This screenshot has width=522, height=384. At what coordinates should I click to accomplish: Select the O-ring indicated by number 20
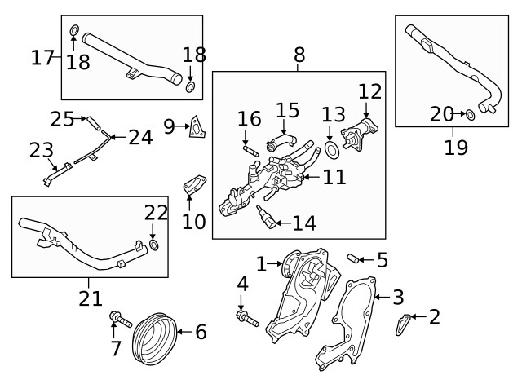pos(471,115)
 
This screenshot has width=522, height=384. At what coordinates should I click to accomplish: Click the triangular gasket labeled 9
pos(197,128)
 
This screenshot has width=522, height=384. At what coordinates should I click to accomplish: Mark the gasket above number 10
pos(194,184)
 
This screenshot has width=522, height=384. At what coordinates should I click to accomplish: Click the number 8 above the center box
pos(299,55)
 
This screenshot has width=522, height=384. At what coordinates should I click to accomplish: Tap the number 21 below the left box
pos(91,298)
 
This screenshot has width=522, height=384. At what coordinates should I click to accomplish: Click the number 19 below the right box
pos(455,148)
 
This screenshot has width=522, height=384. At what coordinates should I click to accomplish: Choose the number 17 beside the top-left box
pos(42,58)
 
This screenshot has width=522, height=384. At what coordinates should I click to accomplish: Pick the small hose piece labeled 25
pos(96,124)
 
